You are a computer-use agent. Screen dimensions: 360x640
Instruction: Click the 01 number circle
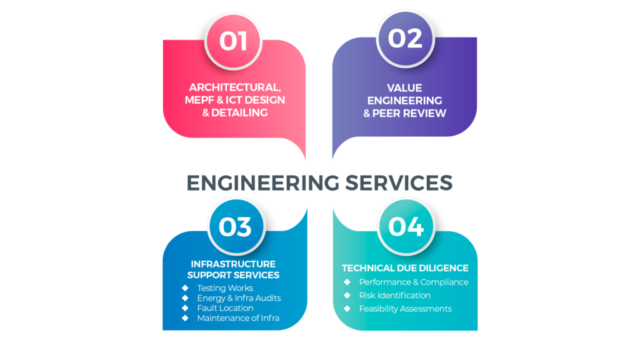pyautogui.click(x=234, y=41)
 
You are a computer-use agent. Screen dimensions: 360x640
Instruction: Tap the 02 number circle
pyautogui.click(x=405, y=39)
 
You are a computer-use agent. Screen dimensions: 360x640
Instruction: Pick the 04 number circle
pyautogui.click(x=406, y=226)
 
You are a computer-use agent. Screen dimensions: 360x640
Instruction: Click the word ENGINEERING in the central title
pyautogui.click(x=262, y=182)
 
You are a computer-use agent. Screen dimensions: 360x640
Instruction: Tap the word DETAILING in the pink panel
pyautogui.click(x=239, y=112)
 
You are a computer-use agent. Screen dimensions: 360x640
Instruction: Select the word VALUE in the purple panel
pyautogui.click(x=405, y=88)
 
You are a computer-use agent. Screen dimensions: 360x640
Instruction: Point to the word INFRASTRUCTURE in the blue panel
pyautogui.click(x=233, y=264)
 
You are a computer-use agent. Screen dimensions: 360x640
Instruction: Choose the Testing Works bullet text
pyautogui.click(x=225, y=288)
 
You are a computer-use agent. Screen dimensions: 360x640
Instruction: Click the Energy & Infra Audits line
pyautogui.click(x=239, y=298)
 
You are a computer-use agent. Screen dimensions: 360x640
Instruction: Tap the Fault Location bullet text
pyautogui.click(x=225, y=308)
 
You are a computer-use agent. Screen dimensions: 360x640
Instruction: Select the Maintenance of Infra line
pyautogui.click(x=238, y=318)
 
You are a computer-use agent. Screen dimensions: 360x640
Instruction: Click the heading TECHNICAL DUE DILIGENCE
pyautogui.click(x=405, y=268)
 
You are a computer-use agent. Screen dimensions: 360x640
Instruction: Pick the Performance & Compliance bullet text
pyautogui.click(x=413, y=282)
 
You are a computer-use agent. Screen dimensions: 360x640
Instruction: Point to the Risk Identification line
pyautogui.click(x=394, y=295)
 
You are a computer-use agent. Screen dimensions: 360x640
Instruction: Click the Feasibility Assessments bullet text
pyautogui.click(x=405, y=309)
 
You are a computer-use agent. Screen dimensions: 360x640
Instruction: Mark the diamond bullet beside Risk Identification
pyautogui.click(x=347, y=295)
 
